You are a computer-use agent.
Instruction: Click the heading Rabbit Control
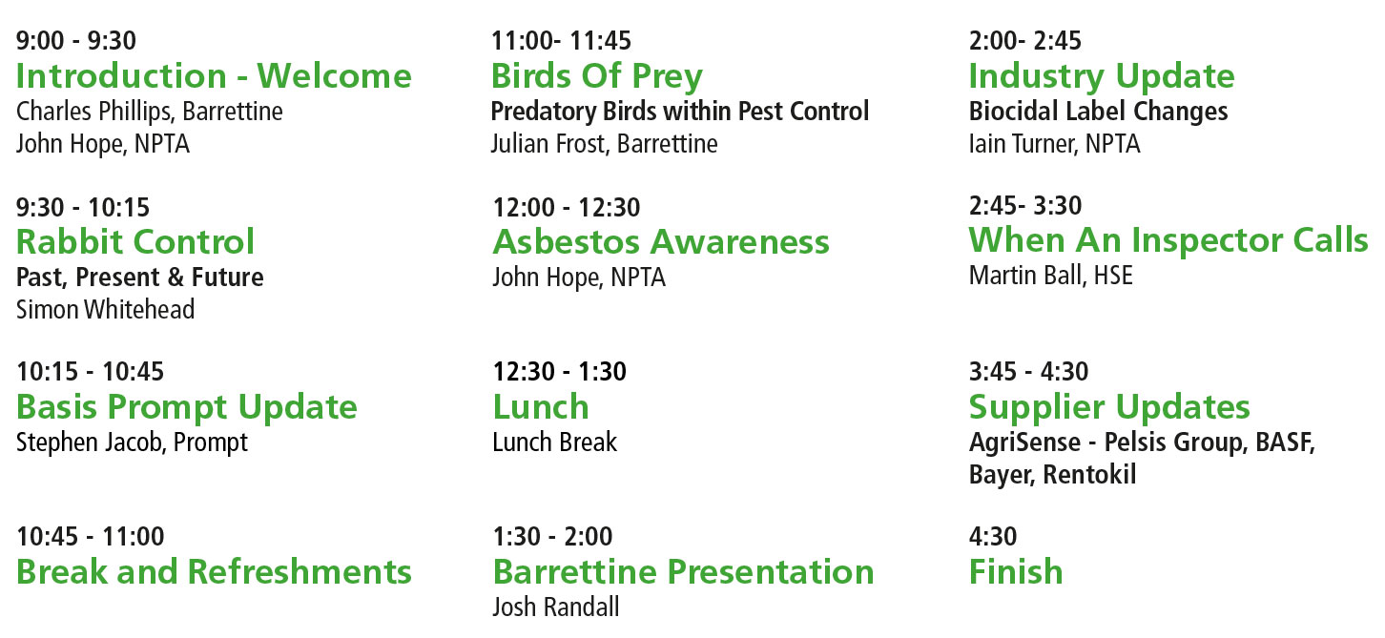point(135,241)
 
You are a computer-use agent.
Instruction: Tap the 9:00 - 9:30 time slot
point(76,41)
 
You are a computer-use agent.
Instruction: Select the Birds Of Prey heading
point(597,77)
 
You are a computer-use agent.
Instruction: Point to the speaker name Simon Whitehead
point(106,309)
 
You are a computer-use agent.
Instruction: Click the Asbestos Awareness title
point(661,241)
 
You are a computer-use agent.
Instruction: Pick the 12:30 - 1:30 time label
point(560,372)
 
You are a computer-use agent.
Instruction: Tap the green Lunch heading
point(541,407)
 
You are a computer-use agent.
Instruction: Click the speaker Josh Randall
point(556,607)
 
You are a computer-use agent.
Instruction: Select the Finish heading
point(1016,571)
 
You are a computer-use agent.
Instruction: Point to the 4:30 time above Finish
point(993,536)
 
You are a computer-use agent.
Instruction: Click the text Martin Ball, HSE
point(1051,275)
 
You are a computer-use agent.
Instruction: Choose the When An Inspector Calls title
point(1168,240)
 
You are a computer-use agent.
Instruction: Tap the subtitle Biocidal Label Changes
point(1099,112)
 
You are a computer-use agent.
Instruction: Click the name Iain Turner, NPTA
point(1055,143)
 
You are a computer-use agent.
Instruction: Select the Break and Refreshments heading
point(214,571)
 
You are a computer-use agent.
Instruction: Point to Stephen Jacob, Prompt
point(133,442)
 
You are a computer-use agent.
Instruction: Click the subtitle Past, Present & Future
point(140,277)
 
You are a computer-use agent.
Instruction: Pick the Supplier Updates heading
point(1110,407)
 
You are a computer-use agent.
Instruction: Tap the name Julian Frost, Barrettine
point(605,144)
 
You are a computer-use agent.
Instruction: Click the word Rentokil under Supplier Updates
point(1089,474)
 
